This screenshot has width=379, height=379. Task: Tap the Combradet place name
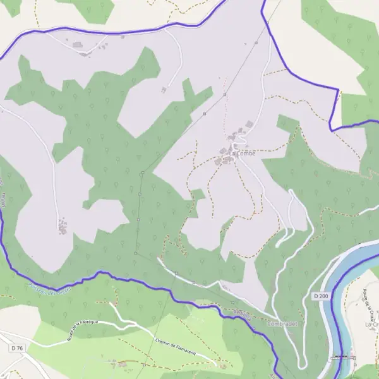(282, 323)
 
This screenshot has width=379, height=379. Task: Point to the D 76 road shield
(16, 348)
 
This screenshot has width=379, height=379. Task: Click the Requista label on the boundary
(242, 313)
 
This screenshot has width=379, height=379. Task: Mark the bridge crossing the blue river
(343, 357)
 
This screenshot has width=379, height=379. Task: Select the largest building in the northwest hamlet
(78, 45)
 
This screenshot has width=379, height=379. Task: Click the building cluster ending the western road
(62, 226)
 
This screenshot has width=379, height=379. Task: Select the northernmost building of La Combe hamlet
(250, 123)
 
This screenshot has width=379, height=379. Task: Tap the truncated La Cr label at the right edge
(370, 324)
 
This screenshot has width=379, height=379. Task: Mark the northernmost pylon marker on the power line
(256, 43)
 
